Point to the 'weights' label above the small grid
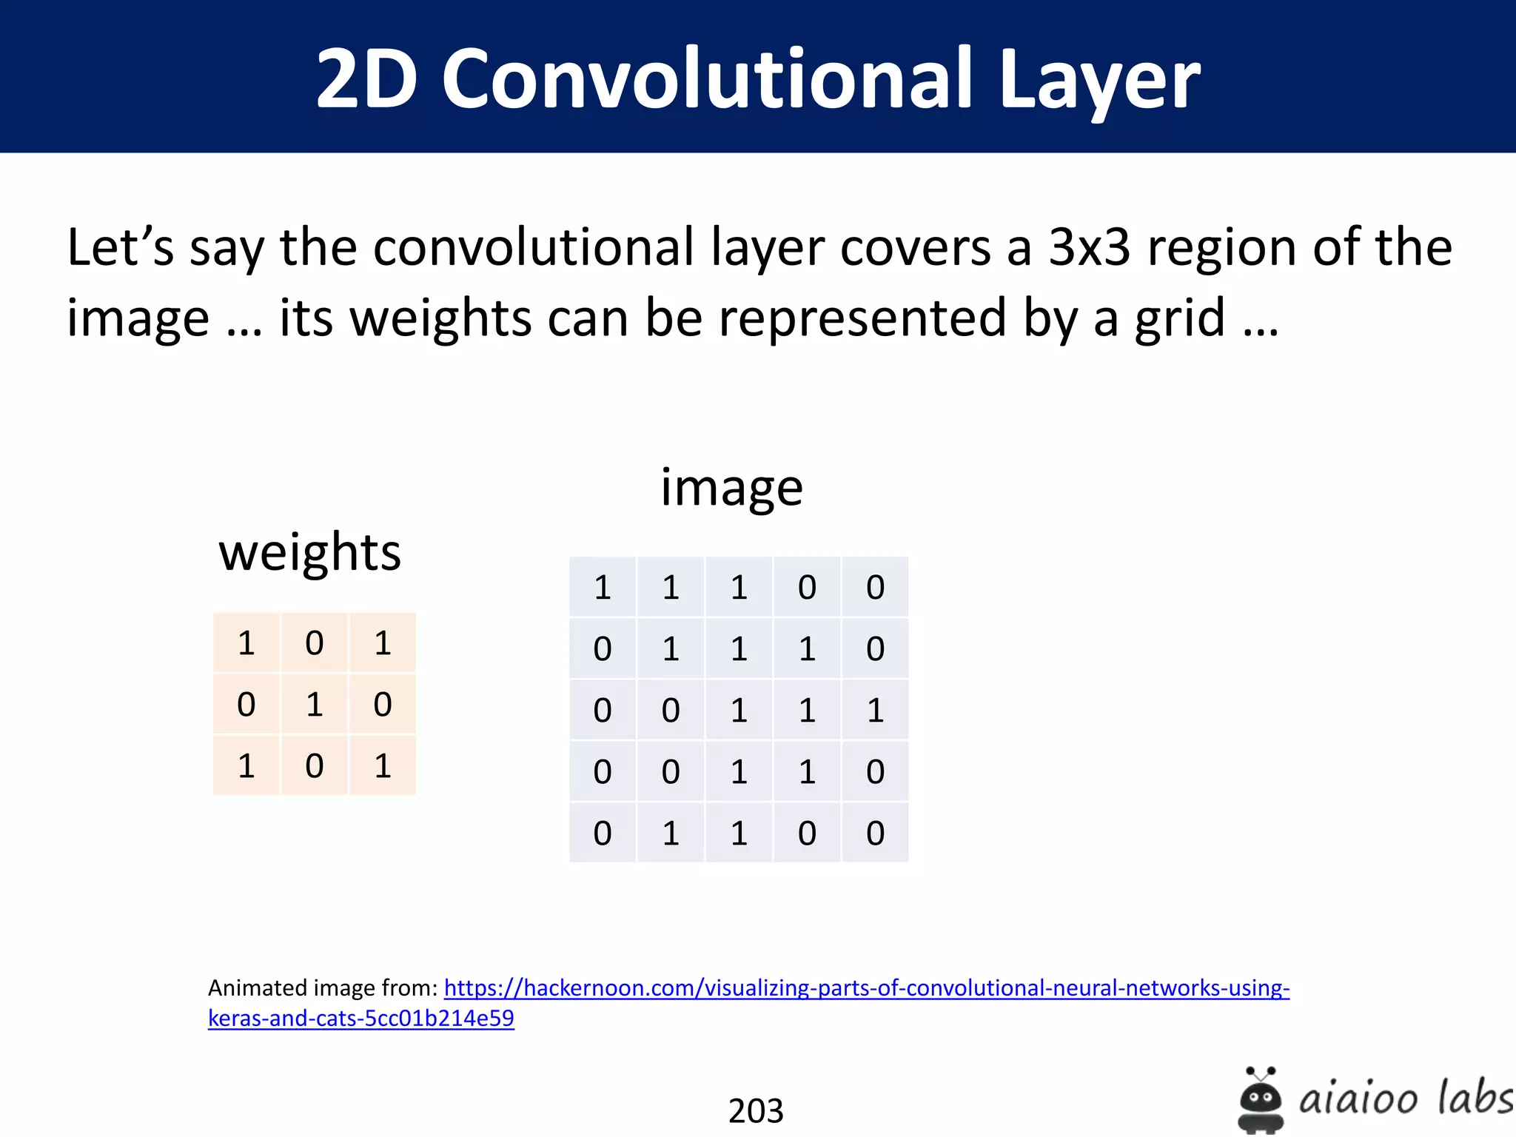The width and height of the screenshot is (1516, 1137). pos(309,552)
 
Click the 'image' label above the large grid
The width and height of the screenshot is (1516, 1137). pos(731,487)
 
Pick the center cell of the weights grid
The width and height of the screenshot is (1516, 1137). pos(315,704)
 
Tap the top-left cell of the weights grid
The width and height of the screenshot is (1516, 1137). pos(246,643)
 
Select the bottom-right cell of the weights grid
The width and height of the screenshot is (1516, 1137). pos(383,765)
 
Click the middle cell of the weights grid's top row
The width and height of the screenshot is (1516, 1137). pos(315,643)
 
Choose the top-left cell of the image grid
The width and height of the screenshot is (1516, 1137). pos(603,587)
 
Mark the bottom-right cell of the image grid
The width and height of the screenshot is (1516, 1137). pos(875,833)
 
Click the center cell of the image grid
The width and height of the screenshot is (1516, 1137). pos(739,710)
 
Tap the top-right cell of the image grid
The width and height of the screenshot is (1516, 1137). pos(875,587)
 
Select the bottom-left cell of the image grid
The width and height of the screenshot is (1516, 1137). pos(603,833)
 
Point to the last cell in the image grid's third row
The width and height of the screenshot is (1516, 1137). pos(875,710)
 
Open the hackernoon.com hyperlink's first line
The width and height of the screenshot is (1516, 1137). pos(866,988)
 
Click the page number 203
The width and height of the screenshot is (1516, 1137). pos(756,1110)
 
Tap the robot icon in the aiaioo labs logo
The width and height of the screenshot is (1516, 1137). pos(1261,1100)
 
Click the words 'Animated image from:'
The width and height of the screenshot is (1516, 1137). pos(323,988)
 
